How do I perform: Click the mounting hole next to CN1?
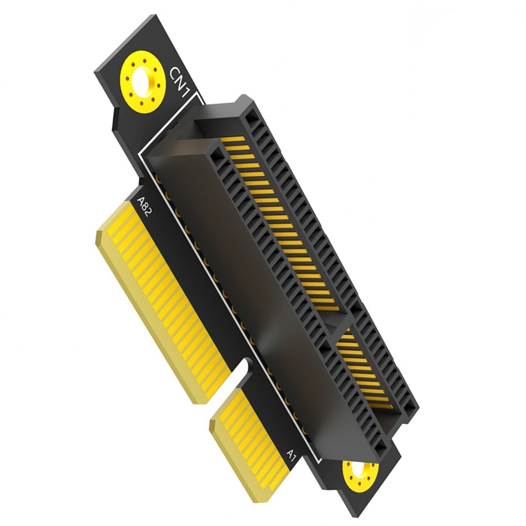(142, 81)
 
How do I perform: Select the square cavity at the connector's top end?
(251, 118)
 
